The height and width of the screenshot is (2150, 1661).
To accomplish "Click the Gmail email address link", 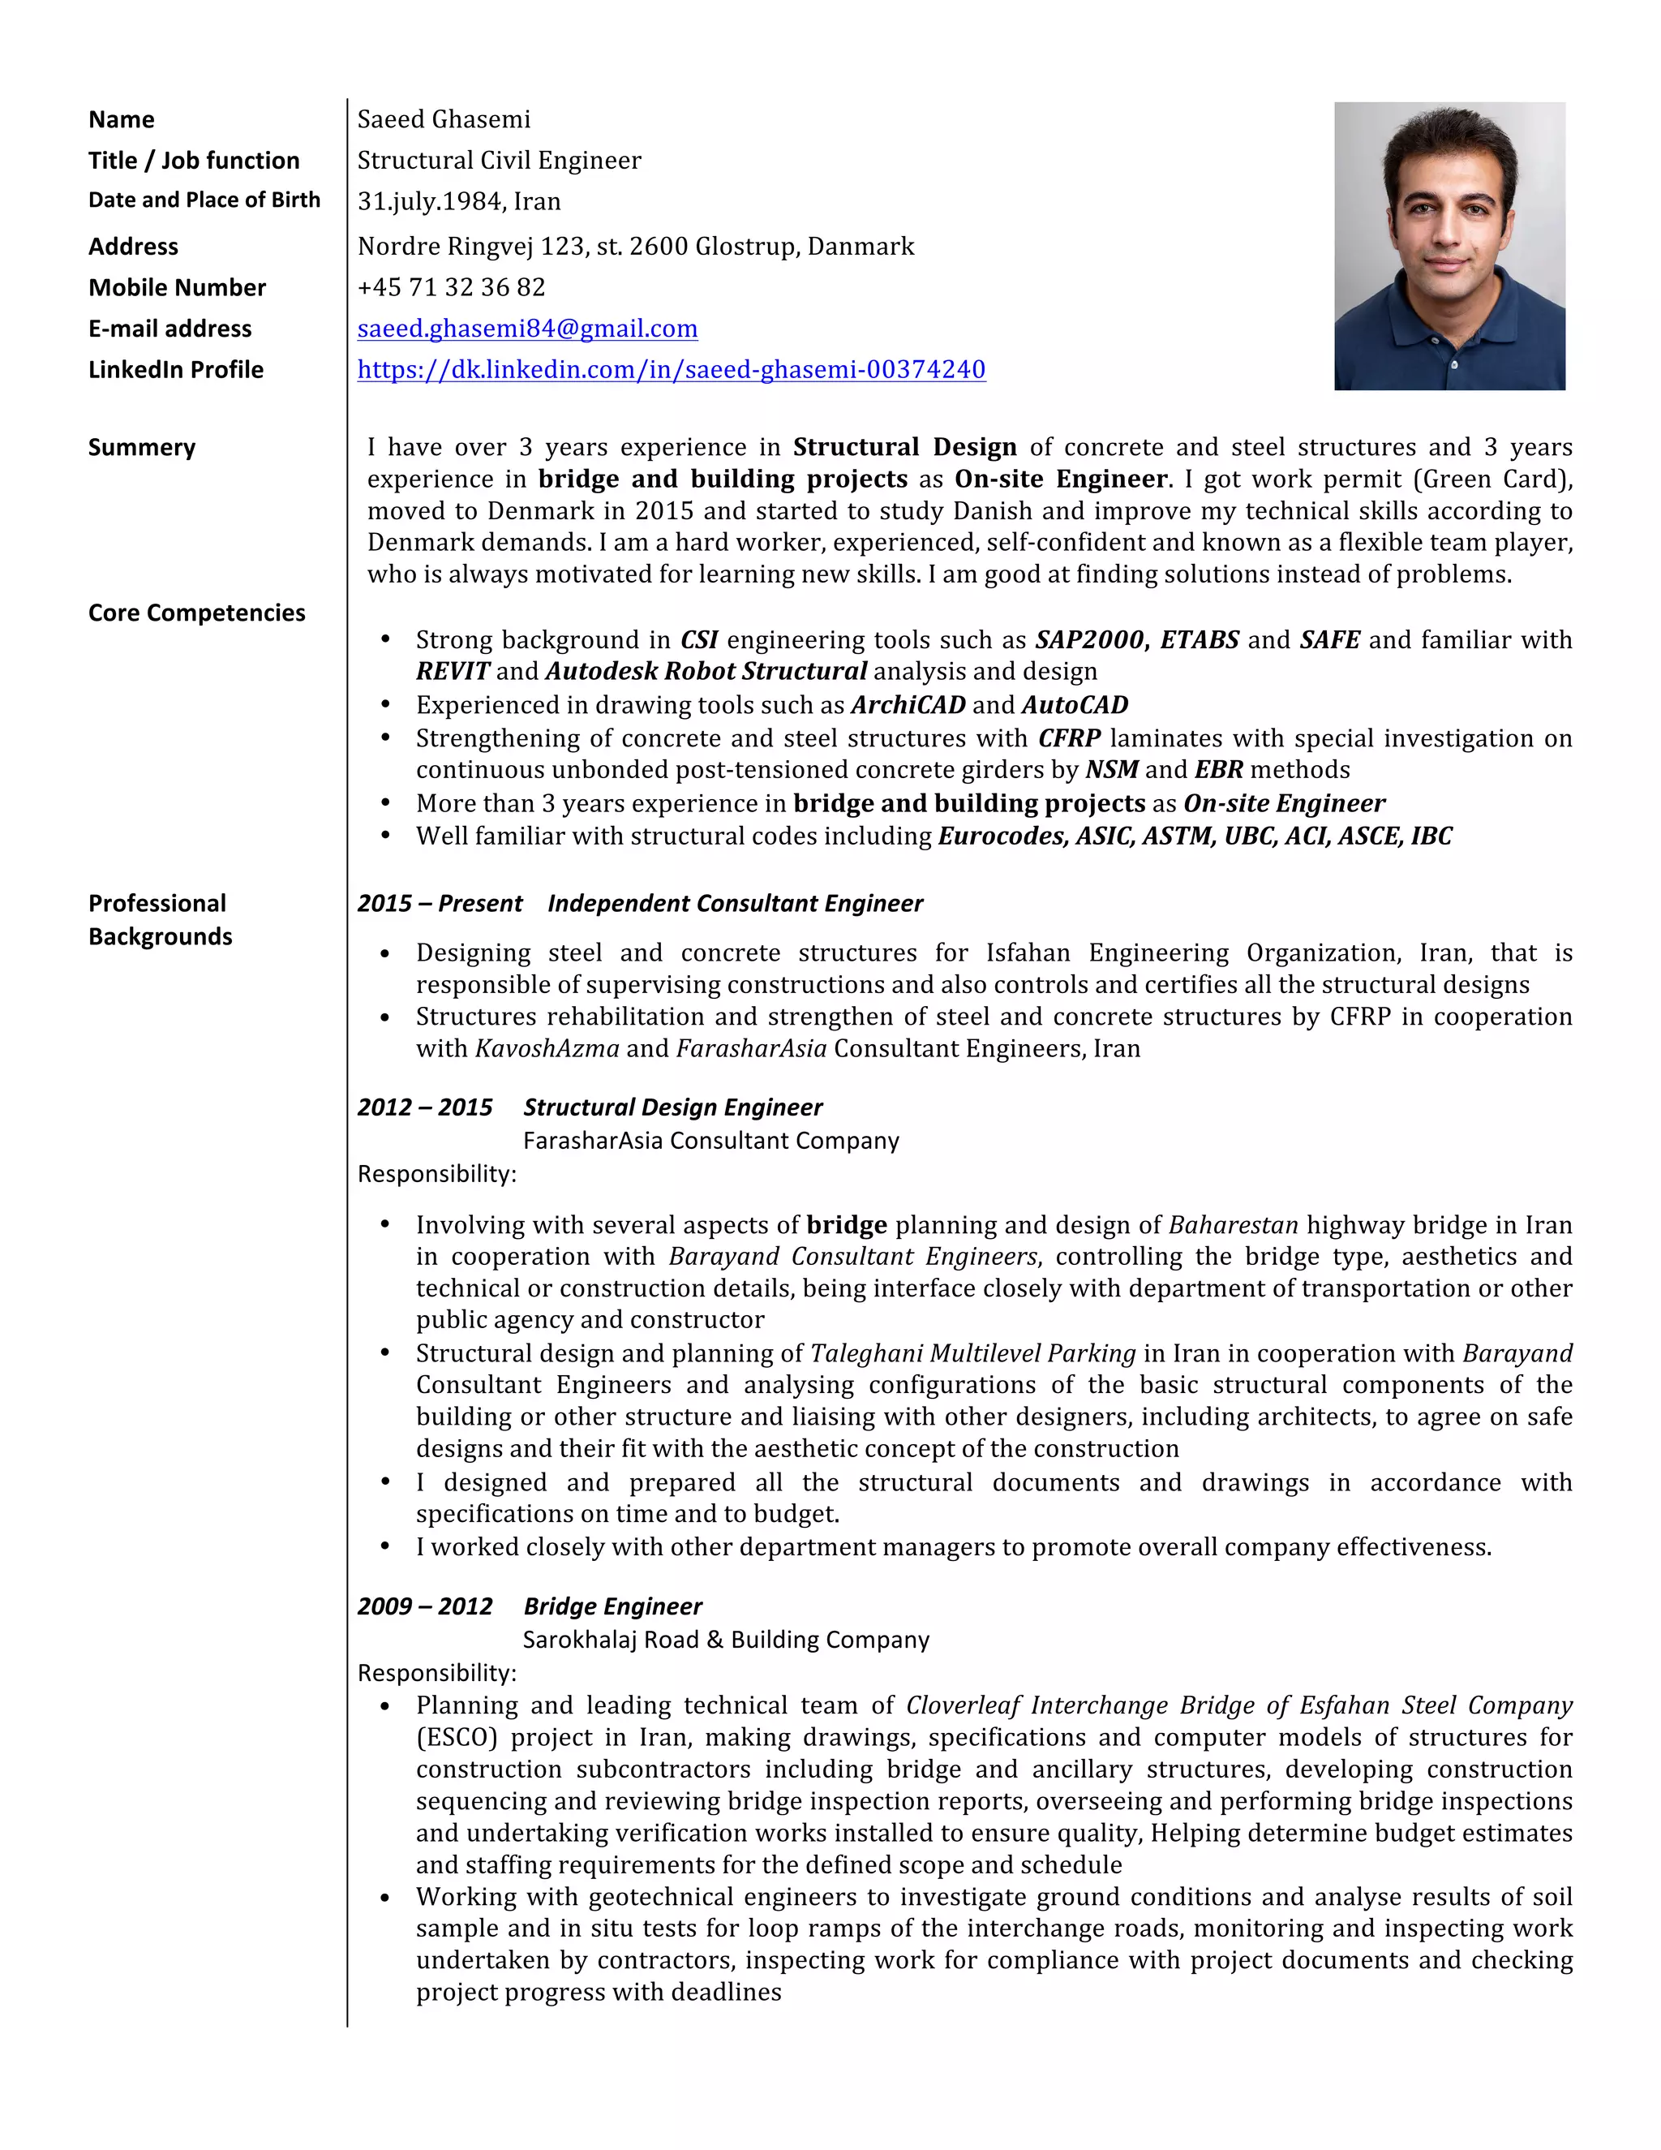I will click(527, 329).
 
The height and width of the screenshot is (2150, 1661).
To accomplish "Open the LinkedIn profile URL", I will click(671, 370).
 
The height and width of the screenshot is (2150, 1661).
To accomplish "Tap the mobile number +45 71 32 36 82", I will click(451, 287).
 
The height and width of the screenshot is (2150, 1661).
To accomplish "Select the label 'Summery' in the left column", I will click(142, 448).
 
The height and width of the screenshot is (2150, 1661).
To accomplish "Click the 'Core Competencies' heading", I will click(197, 613).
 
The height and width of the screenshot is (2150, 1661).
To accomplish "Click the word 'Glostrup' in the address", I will click(747, 246).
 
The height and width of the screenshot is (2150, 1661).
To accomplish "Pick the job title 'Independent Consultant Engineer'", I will click(735, 904).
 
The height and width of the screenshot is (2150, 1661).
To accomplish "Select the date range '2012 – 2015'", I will click(424, 1107).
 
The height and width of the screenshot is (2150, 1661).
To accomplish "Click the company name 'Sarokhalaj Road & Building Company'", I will click(725, 1640).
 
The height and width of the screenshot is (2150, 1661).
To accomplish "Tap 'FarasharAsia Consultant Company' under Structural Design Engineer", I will click(710, 1141).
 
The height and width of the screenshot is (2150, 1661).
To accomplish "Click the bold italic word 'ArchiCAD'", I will click(908, 705).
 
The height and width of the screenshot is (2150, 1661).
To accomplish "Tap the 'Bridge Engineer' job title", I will click(612, 1606).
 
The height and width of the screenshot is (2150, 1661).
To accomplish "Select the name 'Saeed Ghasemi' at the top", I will click(444, 120).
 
